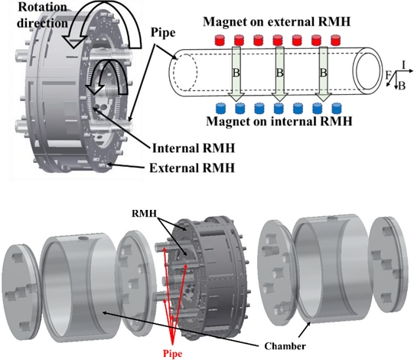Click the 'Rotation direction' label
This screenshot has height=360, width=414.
point(42,15)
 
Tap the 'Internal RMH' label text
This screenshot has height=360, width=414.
point(194,149)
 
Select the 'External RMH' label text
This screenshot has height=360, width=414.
point(192,168)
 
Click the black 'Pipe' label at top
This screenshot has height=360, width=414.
point(163,33)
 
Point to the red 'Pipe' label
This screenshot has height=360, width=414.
point(172,354)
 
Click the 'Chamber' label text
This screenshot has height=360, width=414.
point(285,346)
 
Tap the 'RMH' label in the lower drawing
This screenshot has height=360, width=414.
point(145,213)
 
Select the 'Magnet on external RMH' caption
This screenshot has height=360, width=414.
point(277,21)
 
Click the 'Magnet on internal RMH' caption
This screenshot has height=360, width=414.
point(279,121)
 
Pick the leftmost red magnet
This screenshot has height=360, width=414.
point(220,40)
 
